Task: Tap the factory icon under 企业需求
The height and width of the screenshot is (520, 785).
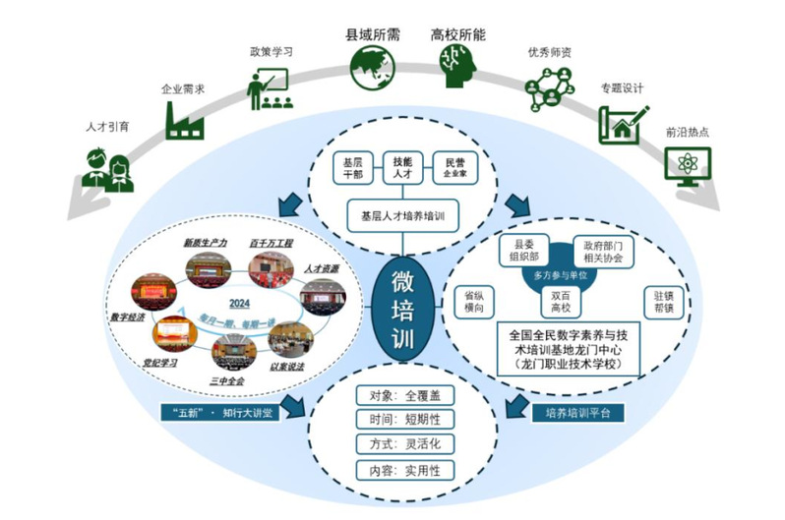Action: tap(184, 117)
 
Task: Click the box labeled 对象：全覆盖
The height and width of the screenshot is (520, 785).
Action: tap(399, 396)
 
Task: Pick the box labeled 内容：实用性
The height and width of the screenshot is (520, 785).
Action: tap(399, 469)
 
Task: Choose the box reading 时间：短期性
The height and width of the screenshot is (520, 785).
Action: tap(399, 420)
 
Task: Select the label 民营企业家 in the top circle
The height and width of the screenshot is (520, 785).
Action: tap(453, 166)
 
